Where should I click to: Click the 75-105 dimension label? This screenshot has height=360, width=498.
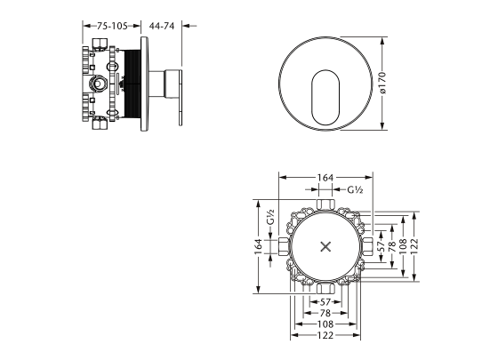click(x=112, y=26)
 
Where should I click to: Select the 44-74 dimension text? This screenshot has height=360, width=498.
click(x=162, y=26)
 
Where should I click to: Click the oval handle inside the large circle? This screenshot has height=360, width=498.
click(x=325, y=97)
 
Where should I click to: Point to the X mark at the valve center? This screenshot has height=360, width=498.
click(x=325, y=247)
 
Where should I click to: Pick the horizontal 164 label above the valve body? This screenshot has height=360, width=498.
click(x=325, y=178)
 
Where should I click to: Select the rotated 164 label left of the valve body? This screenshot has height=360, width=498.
click(x=259, y=247)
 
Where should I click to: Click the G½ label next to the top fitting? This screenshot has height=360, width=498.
click(x=355, y=190)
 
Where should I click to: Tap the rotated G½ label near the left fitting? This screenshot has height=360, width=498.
click(x=270, y=217)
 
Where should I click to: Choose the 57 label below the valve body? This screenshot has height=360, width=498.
click(x=325, y=302)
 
